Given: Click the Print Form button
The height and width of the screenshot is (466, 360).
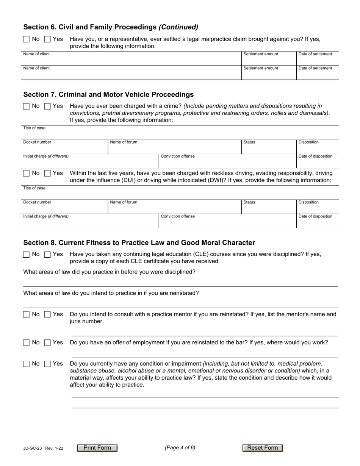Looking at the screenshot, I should pyautogui.click(x=97, y=448).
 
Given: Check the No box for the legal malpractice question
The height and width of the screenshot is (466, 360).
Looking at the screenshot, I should pyautogui.click(x=26, y=39).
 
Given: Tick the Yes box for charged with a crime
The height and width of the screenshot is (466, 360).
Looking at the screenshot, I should pyautogui.click(x=47, y=106).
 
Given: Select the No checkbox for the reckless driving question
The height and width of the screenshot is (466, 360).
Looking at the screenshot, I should pyautogui.click(x=26, y=174).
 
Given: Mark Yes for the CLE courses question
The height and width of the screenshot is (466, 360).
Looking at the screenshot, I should pyautogui.click(x=47, y=255).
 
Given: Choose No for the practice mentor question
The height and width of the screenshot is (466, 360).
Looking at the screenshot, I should pyautogui.click(x=26, y=314).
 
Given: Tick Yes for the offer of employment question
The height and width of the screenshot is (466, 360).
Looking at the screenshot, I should pyautogui.click(x=47, y=343).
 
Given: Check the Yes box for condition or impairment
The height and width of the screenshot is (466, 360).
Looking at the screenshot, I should pyautogui.click(x=47, y=364).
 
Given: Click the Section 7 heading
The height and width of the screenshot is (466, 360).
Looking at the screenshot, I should pyautogui.click(x=108, y=94).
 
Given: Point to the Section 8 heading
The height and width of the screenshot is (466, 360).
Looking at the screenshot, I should pyautogui.click(x=139, y=242).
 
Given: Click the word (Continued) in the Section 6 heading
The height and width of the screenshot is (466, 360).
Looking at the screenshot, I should pyautogui.click(x=178, y=27).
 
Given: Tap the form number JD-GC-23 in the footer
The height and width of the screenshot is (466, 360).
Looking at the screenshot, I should pyautogui.click(x=33, y=448).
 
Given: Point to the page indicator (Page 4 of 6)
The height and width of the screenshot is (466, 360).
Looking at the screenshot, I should pyautogui.click(x=180, y=447).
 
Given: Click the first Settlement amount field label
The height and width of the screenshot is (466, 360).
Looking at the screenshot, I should pyautogui.click(x=261, y=54).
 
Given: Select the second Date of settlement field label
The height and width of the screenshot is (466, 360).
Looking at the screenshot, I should pyautogui.click(x=315, y=68).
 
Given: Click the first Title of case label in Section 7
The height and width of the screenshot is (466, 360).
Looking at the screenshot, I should pyautogui.click(x=34, y=128).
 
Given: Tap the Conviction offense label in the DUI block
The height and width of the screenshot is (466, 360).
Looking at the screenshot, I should pyautogui.click(x=178, y=216).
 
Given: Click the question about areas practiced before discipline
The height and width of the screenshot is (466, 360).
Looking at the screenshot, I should pyautogui.click(x=110, y=272).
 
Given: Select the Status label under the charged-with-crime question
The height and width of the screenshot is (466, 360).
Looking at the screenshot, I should pyautogui.click(x=249, y=142).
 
